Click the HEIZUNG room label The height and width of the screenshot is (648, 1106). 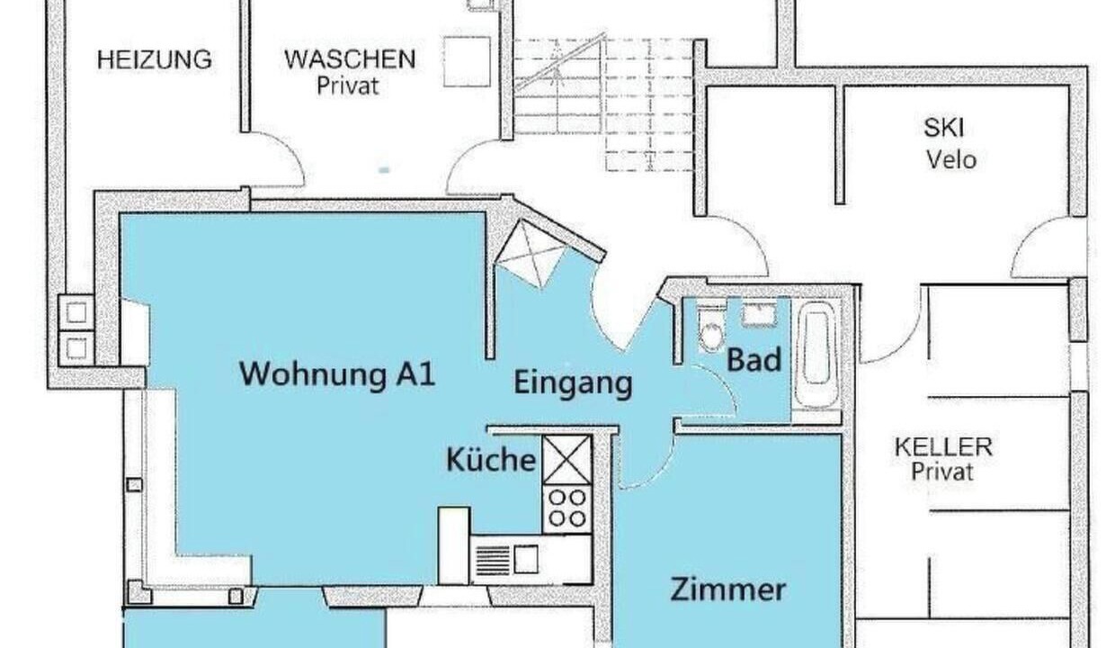click(155, 59)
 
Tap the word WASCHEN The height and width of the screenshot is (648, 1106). click(350, 59)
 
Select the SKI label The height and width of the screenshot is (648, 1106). click(943, 128)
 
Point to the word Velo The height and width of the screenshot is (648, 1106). click(951, 160)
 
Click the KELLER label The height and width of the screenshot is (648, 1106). click(943, 447)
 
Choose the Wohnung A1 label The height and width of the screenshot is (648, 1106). click(336, 374)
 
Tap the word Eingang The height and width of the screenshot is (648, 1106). click(573, 382)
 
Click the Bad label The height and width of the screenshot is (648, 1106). click(754, 359)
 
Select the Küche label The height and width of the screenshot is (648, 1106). click(491, 459)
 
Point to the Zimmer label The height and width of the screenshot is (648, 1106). click(727, 589)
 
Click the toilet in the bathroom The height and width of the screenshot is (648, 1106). click(711, 328)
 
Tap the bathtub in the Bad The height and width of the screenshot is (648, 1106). click(816, 355)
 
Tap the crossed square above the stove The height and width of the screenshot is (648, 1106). click(566, 460)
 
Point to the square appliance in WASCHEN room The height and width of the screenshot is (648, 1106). click(467, 62)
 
